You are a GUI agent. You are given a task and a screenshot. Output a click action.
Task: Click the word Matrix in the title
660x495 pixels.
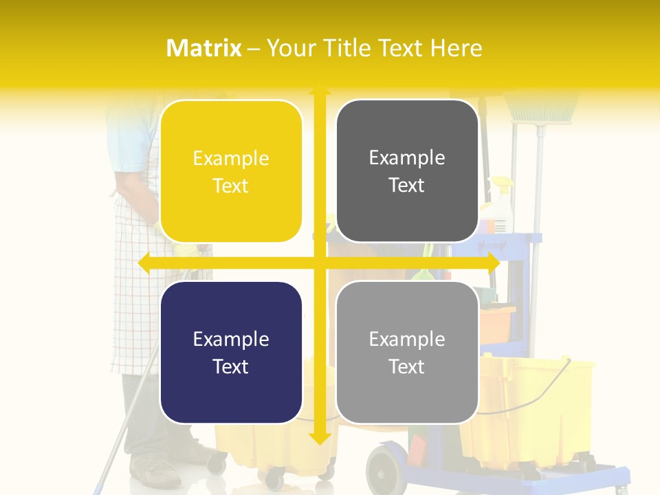204,48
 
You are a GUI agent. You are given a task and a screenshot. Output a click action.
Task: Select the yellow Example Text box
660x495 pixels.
231,171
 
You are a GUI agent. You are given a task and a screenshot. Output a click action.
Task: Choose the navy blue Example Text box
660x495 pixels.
231,352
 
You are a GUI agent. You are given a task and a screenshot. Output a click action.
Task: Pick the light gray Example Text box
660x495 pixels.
407,352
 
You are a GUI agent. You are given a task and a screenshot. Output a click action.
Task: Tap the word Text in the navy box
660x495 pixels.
231,366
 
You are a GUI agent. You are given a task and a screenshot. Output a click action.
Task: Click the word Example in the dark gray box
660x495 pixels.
407,157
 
